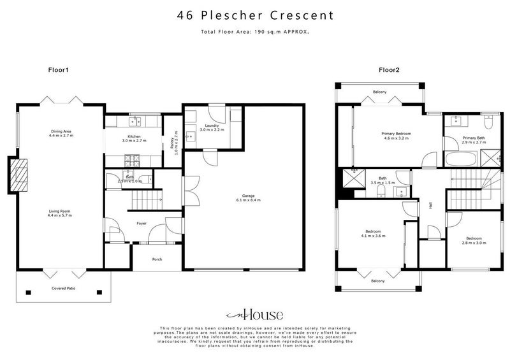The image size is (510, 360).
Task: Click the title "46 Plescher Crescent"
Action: pyautogui.click(x=255, y=15)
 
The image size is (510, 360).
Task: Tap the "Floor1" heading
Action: pyautogui.click(x=58, y=69)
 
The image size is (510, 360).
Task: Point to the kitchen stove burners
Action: pyautogui.click(x=131, y=158)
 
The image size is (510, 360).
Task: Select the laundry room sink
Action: pyautogui.click(x=191, y=136)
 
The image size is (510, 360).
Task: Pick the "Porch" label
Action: pyautogui.click(x=156, y=259)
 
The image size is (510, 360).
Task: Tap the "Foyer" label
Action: pyautogui.click(x=142, y=223)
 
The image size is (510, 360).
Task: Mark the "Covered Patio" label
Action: pyautogui.click(x=63, y=288)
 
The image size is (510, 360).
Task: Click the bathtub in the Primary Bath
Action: pyautogui.click(x=461, y=159)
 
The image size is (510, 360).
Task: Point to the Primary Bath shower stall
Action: pyautogui.click(x=492, y=159)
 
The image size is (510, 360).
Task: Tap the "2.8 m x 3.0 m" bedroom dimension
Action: pyautogui.click(x=474, y=243)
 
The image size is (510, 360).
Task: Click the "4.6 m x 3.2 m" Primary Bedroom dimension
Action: pyautogui.click(x=396, y=138)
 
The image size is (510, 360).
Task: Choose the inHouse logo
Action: pyautogui.click(x=254, y=315)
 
